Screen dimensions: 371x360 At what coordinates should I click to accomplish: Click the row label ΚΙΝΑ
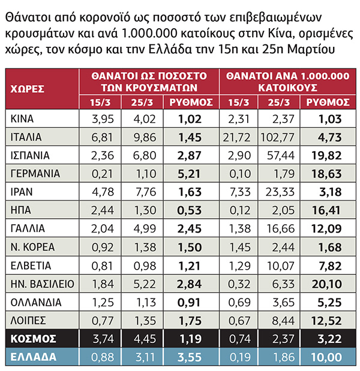(x=23, y=119)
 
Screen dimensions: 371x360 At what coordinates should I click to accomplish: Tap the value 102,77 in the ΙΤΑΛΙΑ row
(x=279, y=137)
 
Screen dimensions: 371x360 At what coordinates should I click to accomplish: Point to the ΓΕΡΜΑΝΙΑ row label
(x=36, y=174)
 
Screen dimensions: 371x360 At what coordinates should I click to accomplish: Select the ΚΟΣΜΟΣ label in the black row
(x=33, y=339)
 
